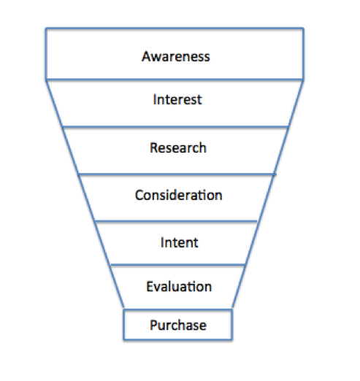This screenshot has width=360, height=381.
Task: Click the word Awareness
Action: (176, 56)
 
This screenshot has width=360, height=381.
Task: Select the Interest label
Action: (177, 99)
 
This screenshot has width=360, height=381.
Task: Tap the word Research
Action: (178, 147)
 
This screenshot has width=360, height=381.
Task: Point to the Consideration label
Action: (179, 195)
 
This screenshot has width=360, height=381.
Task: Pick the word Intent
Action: (180, 242)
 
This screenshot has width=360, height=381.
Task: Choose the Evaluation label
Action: (179, 286)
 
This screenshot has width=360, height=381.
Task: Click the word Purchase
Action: (178, 325)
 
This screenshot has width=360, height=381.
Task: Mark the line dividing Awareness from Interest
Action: (175, 80)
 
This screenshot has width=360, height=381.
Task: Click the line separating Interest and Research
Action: (175, 127)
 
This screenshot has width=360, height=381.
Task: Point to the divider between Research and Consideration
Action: (177, 174)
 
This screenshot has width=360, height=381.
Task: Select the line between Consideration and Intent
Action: (176, 221)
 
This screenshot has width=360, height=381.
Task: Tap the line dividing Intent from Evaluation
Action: (177, 264)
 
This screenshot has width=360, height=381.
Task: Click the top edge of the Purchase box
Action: (178, 309)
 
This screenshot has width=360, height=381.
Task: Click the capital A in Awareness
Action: (147, 56)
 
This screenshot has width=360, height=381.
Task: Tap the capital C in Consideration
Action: (139, 195)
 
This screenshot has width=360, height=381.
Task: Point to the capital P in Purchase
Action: (154, 325)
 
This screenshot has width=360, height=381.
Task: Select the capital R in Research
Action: (154, 147)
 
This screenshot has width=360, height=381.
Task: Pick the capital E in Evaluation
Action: (150, 286)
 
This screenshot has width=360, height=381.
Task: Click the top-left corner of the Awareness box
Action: (46, 28)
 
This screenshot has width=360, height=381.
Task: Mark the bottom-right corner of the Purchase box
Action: (231, 339)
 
